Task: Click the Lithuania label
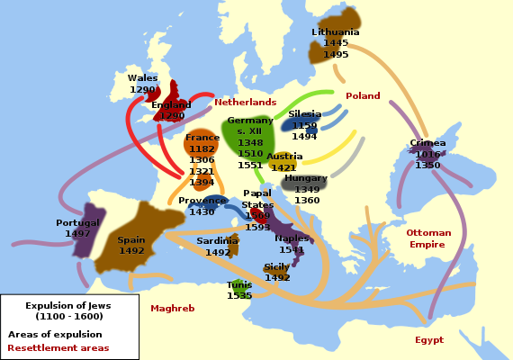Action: (x=336, y=32)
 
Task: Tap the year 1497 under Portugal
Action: (x=77, y=234)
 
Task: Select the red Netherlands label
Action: (x=245, y=103)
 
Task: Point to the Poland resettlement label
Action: (x=363, y=96)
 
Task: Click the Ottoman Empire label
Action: (x=427, y=238)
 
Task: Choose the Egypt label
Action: (x=429, y=340)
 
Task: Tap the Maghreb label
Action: (x=172, y=308)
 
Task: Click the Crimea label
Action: (x=427, y=143)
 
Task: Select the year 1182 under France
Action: (x=202, y=149)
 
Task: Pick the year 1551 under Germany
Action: (x=250, y=166)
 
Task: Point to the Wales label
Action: (x=142, y=78)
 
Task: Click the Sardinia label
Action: (x=217, y=241)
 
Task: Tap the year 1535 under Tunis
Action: (x=239, y=296)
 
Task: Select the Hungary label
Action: (x=306, y=178)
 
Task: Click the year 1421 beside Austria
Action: (x=283, y=168)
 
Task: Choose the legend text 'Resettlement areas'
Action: (x=58, y=347)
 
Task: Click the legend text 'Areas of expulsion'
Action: (x=55, y=335)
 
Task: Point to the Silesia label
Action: (x=305, y=114)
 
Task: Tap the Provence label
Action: (x=202, y=201)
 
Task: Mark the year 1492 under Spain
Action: (x=131, y=251)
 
